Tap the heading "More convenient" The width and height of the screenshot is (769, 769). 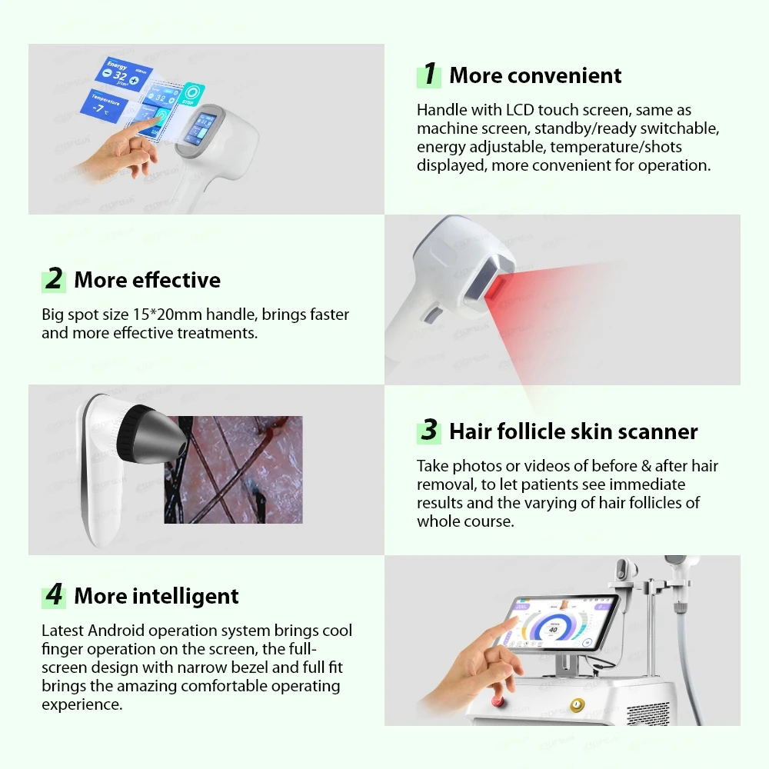point(535,75)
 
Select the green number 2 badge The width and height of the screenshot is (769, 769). point(54,279)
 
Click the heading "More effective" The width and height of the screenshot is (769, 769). point(147,280)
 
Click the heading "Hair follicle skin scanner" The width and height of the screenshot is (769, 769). point(573,431)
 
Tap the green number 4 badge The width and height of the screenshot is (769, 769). point(54,595)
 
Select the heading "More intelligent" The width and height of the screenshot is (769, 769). point(156,596)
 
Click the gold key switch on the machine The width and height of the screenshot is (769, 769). point(574,704)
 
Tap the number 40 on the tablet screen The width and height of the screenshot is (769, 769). point(553,628)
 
